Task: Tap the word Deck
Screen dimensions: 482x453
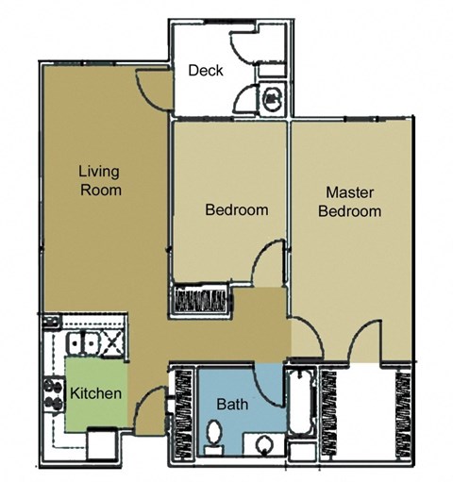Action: [205, 71]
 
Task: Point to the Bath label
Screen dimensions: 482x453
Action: [232, 405]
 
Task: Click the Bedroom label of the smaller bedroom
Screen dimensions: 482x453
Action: [237, 209]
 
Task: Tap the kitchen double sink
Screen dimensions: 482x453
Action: [84, 344]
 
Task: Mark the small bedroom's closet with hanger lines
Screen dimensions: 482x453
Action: [202, 299]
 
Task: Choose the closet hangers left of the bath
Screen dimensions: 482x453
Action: [181, 415]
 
